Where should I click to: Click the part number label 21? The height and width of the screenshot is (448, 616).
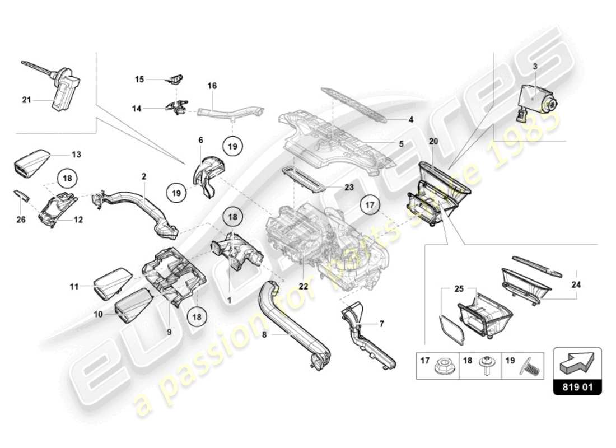[26, 100]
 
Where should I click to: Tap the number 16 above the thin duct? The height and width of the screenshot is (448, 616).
[212, 86]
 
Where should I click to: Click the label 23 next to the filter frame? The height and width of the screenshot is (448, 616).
[349, 188]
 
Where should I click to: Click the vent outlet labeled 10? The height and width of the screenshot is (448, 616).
[132, 306]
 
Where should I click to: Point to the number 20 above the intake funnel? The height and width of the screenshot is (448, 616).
[433, 141]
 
